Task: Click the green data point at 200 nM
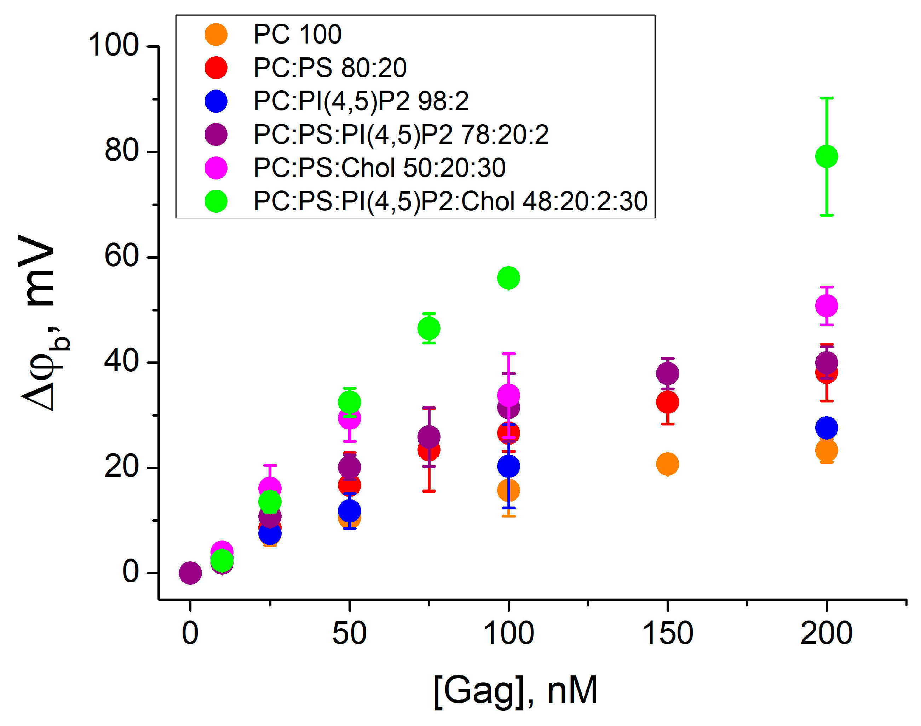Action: (826, 156)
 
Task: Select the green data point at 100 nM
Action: (508, 278)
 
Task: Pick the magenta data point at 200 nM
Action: (826, 305)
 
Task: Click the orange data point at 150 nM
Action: (667, 464)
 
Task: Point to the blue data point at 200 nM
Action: (826, 428)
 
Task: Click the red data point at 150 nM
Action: (667, 402)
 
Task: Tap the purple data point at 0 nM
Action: (190, 573)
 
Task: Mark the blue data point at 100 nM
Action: (508, 466)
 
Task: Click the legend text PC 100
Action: (297, 34)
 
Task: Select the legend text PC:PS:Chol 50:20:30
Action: (379, 167)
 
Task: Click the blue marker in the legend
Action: (216, 101)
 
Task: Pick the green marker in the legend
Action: (216, 201)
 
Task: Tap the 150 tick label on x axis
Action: (667, 634)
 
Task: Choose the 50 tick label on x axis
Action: (349, 634)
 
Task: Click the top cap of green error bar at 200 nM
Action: (826, 98)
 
